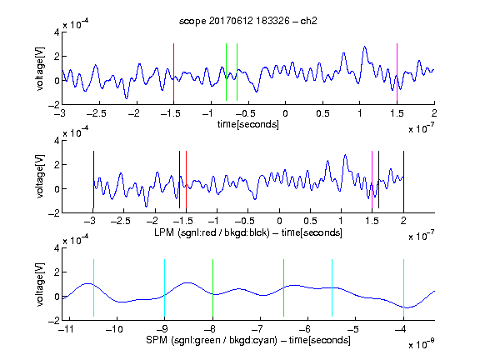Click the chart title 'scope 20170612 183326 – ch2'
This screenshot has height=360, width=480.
click(x=248, y=21)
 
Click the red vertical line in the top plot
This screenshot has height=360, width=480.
click(x=173, y=72)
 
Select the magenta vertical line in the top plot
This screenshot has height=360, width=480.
click(x=397, y=72)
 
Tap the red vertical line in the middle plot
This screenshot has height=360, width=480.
click(x=186, y=180)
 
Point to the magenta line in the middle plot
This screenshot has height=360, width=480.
click(x=372, y=180)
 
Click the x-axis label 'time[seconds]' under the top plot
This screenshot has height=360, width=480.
click(x=248, y=124)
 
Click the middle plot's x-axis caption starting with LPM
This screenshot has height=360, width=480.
click(x=248, y=232)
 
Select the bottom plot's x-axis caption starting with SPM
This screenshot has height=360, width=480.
click(x=248, y=340)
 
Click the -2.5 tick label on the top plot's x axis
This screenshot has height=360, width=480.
click(x=96, y=113)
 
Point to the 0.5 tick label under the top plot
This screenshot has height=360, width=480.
click(x=322, y=113)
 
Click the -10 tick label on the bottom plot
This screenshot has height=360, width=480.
click(x=114, y=329)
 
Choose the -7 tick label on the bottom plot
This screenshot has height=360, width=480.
click(x=257, y=329)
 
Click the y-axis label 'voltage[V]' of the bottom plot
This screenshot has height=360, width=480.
click(x=40, y=284)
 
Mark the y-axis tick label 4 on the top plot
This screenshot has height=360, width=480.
click(x=57, y=32)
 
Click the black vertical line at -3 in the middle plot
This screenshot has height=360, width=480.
click(x=93, y=180)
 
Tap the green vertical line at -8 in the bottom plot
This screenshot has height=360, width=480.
click(x=212, y=287)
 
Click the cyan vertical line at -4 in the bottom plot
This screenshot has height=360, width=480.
click(x=403, y=287)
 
